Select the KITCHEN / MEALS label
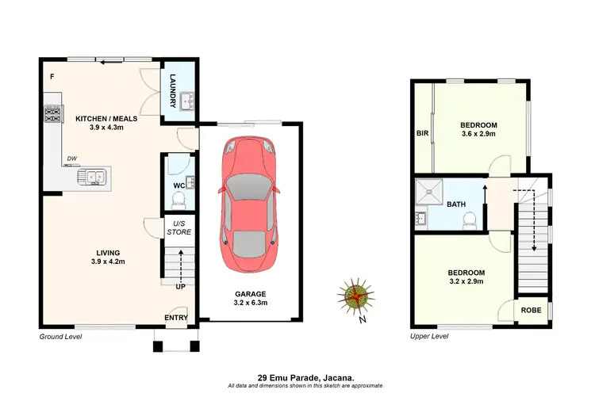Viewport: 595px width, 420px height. click(x=106, y=119)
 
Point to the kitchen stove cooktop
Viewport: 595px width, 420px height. click(x=53, y=117)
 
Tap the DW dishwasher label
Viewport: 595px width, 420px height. click(x=72, y=158)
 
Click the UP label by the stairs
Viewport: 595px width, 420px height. click(x=180, y=286)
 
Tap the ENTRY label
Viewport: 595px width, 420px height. click(x=176, y=318)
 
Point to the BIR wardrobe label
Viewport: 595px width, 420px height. click(x=422, y=133)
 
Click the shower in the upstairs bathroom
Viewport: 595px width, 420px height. click(x=432, y=192)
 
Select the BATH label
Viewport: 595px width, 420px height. click(x=456, y=204)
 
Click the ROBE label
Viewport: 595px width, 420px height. click(x=532, y=310)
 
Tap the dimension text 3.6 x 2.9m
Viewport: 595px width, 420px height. click(x=478, y=135)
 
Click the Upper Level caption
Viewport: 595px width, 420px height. click(x=429, y=337)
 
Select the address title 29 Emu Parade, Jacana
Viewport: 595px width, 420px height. click(x=305, y=377)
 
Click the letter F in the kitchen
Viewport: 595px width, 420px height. click(x=52, y=77)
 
